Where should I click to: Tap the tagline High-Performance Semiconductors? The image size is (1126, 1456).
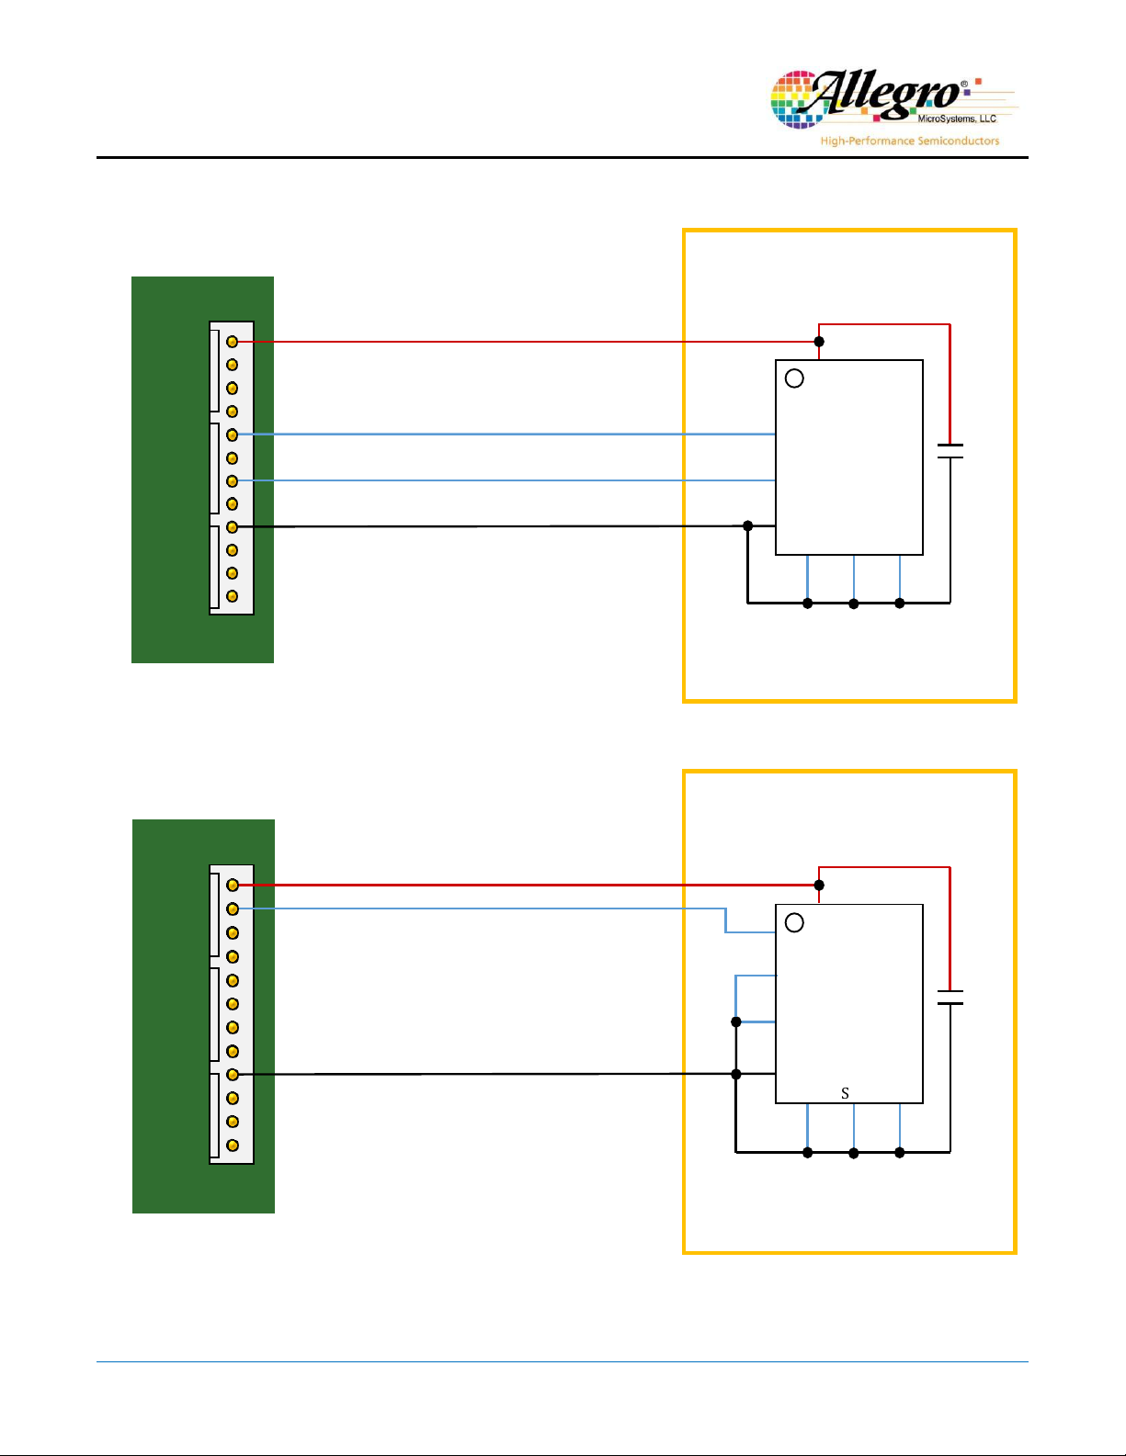(x=909, y=141)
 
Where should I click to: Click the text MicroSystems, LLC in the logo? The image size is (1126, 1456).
(x=957, y=119)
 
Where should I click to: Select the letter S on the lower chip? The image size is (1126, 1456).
(x=845, y=1093)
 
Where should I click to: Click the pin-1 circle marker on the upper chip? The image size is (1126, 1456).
(x=794, y=378)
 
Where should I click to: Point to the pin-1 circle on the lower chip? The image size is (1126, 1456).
(x=794, y=922)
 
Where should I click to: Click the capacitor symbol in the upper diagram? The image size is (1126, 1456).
(x=950, y=451)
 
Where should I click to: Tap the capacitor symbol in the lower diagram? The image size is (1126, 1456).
(x=950, y=997)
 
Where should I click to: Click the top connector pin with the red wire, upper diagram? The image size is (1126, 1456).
(x=232, y=342)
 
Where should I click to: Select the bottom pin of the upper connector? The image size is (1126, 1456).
(x=232, y=596)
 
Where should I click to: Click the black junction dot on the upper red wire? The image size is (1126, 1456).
(x=819, y=342)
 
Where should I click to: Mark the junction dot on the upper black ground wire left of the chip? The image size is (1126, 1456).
(x=748, y=526)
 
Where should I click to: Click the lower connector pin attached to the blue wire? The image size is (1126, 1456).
(x=233, y=909)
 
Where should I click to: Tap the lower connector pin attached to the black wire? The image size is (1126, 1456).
(x=233, y=1075)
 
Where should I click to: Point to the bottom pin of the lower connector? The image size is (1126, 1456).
(x=233, y=1146)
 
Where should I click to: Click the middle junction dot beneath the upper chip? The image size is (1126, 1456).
(x=853, y=604)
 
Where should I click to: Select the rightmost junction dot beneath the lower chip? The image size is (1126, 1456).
(x=900, y=1153)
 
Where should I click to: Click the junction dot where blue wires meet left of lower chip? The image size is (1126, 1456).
(x=736, y=1021)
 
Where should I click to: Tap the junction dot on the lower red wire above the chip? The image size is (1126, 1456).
(x=819, y=886)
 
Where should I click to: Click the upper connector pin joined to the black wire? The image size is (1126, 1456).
(x=232, y=526)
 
